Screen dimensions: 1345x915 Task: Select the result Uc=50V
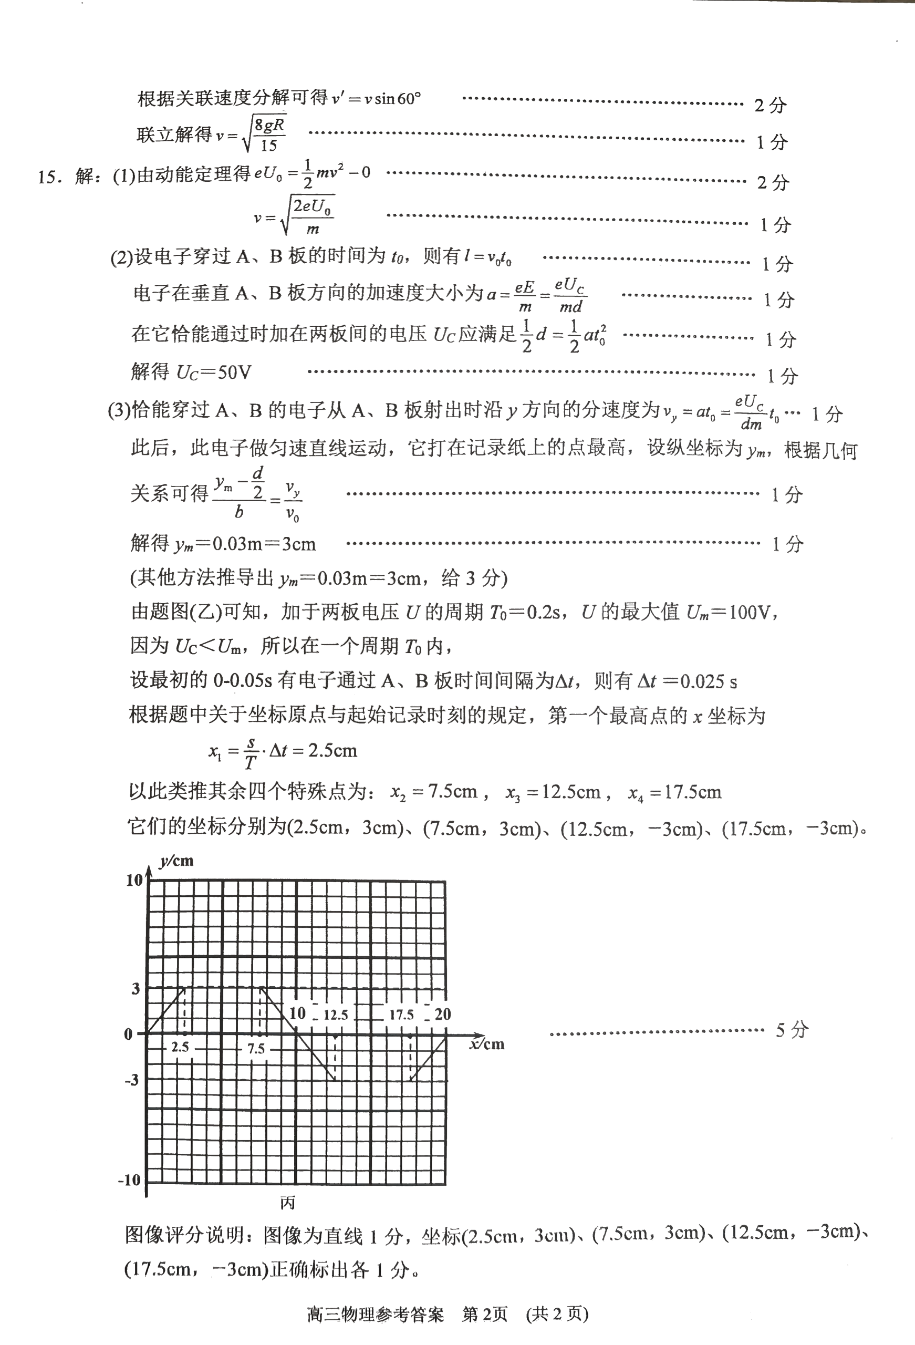click(x=214, y=372)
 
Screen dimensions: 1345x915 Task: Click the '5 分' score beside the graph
click(x=792, y=1030)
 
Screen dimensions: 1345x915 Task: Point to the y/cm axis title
click(x=176, y=861)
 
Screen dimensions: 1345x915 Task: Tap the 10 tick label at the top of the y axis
click(x=134, y=880)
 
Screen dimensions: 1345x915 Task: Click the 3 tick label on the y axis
click(x=136, y=988)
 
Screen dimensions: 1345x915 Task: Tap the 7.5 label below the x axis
click(x=256, y=1048)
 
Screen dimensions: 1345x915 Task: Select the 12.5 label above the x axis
click(x=336, y=1015)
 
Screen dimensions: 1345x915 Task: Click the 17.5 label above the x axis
click(x=401, y=1015)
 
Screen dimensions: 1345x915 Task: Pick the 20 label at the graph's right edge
click(x=442, y=1014)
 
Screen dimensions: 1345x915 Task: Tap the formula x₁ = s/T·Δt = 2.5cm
click(x=283, y=752)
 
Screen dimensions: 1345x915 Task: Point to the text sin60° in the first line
click(x=398, y=99)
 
